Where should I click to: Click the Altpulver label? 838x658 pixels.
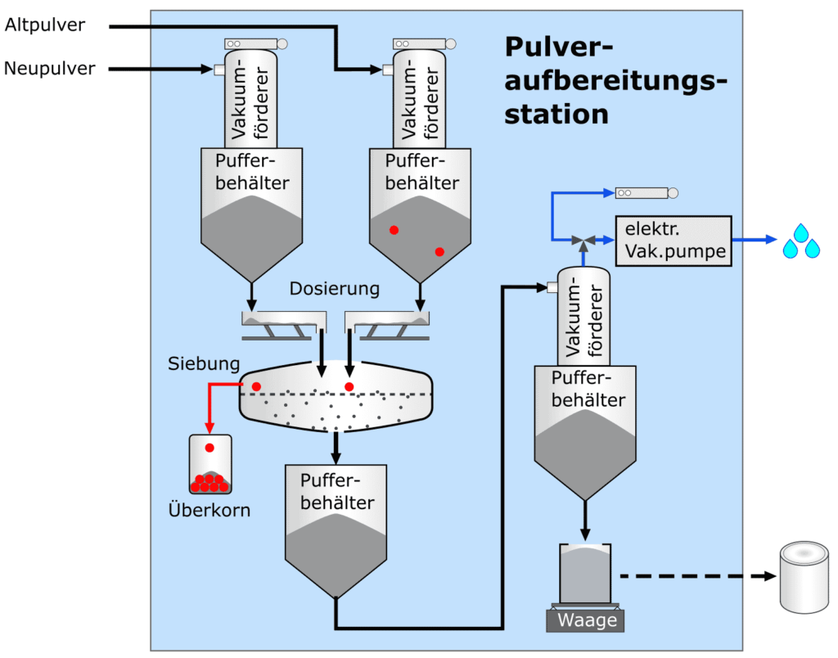pyautogui.click(x=45, y=25)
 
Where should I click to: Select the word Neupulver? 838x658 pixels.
pyautogui.click(x=49, y=69)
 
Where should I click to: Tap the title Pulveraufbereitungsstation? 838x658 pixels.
pyautogui.click(x=614, y=79)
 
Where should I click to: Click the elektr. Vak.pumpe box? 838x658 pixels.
pyautogui.click(x=671, y=241)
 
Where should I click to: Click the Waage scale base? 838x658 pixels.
pyautogui.click(x=586, y=620)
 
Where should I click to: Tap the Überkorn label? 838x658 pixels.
pyautogui.click(x=209, y=511)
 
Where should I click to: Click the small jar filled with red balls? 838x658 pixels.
pyautogui.click(x=209, y=465)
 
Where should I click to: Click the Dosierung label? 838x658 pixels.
pyautogui.click(x=335, y=288)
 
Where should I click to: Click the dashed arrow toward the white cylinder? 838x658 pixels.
pyautogui.click(x=696, y=576)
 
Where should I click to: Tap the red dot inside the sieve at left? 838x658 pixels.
pyautogui.click(x=256, y=385)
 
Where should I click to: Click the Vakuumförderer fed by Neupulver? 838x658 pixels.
pyautogui.click(x=251, y=98)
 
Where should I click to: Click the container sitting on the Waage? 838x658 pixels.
pyautogui.click(x=585, y=573)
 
